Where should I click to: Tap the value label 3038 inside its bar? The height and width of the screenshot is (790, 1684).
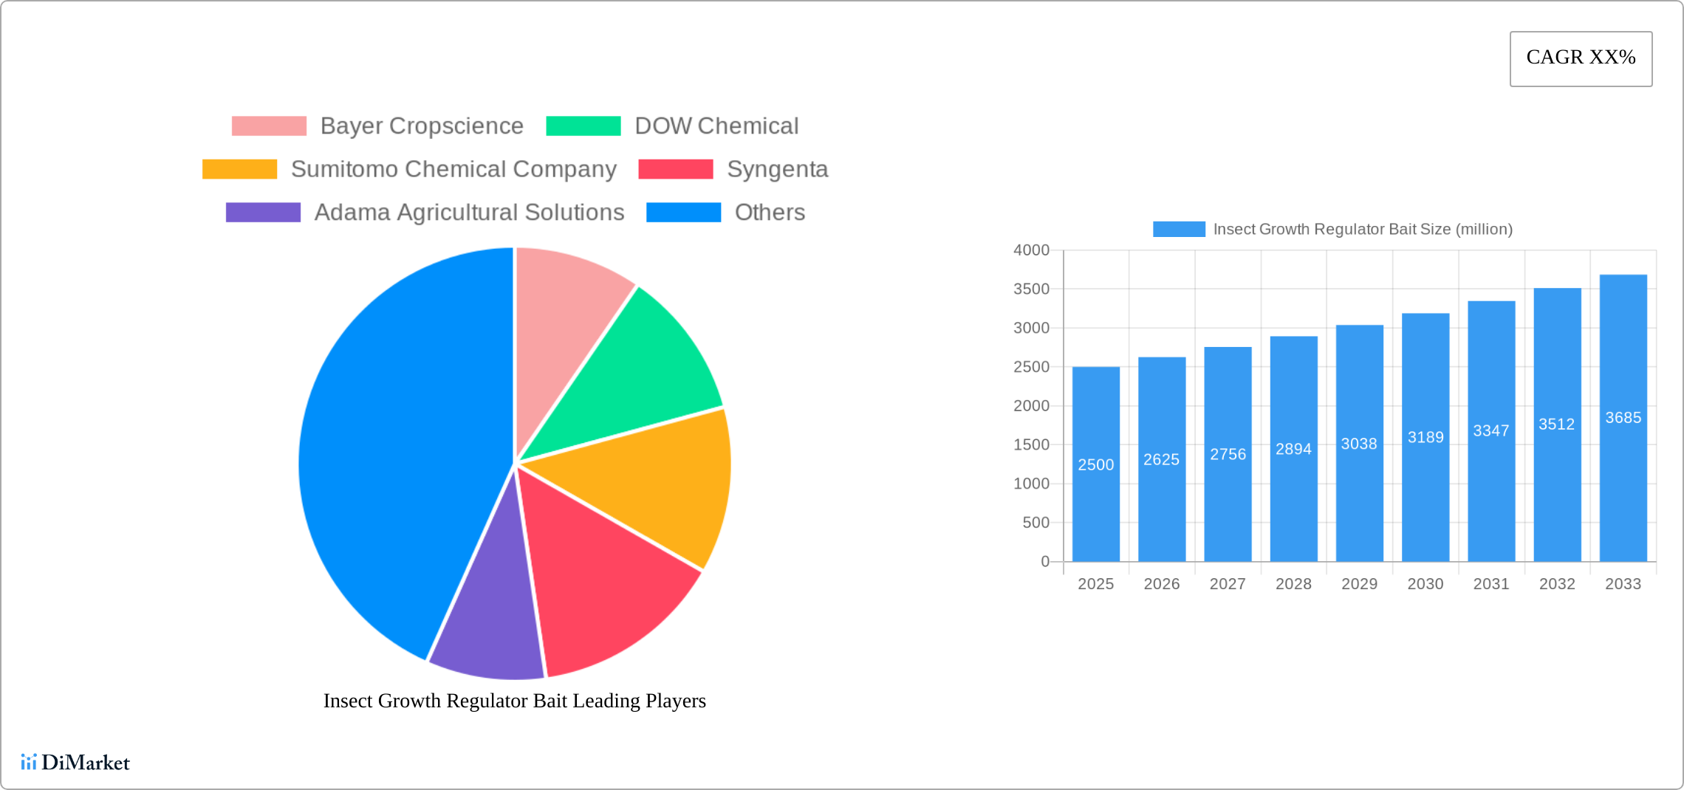point(1359,444)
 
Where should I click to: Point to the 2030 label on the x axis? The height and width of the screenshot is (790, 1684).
point(1425,584)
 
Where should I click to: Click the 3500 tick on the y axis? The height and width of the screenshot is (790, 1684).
point(1031,289)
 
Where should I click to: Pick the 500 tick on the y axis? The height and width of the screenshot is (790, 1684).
point(1036,523)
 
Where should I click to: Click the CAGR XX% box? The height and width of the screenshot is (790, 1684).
point(1581,58)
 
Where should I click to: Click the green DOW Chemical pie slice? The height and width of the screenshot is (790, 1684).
point(643,369)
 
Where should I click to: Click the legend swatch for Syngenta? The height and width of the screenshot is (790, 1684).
point(675,169)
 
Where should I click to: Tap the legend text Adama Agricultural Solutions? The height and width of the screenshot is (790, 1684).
point(469,213)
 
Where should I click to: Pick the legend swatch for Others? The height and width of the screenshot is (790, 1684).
point(683,213)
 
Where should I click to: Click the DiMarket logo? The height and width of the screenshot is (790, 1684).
point(75,762)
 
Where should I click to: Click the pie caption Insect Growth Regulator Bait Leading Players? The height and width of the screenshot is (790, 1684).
point(515,701)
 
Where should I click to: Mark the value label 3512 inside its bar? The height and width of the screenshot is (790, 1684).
point(1556,425)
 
